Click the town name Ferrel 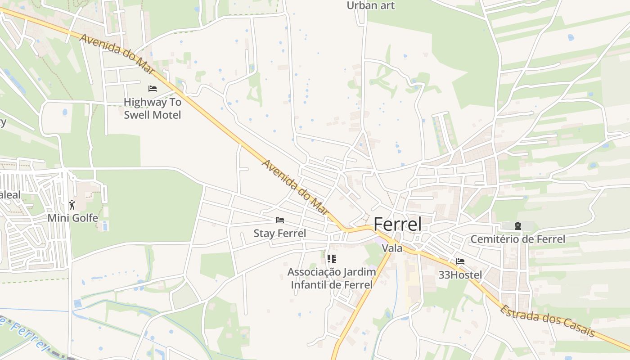(398, 224)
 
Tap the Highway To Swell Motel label (153, 108)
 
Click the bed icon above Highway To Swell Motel (153, 89)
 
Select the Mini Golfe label (73, 218)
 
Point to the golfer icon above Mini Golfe (72, 205)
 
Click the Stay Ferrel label (279, 233)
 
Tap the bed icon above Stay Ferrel (280, 220)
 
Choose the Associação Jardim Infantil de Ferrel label (332, 278)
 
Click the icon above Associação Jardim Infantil (332, 259)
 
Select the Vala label (391, 248)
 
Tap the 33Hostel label (460, 274)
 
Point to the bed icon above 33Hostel (460, 261)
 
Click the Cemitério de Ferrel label (517, 239)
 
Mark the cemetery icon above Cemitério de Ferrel (518, 225)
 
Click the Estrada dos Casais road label (547, 321)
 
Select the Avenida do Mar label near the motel (117, 54)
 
